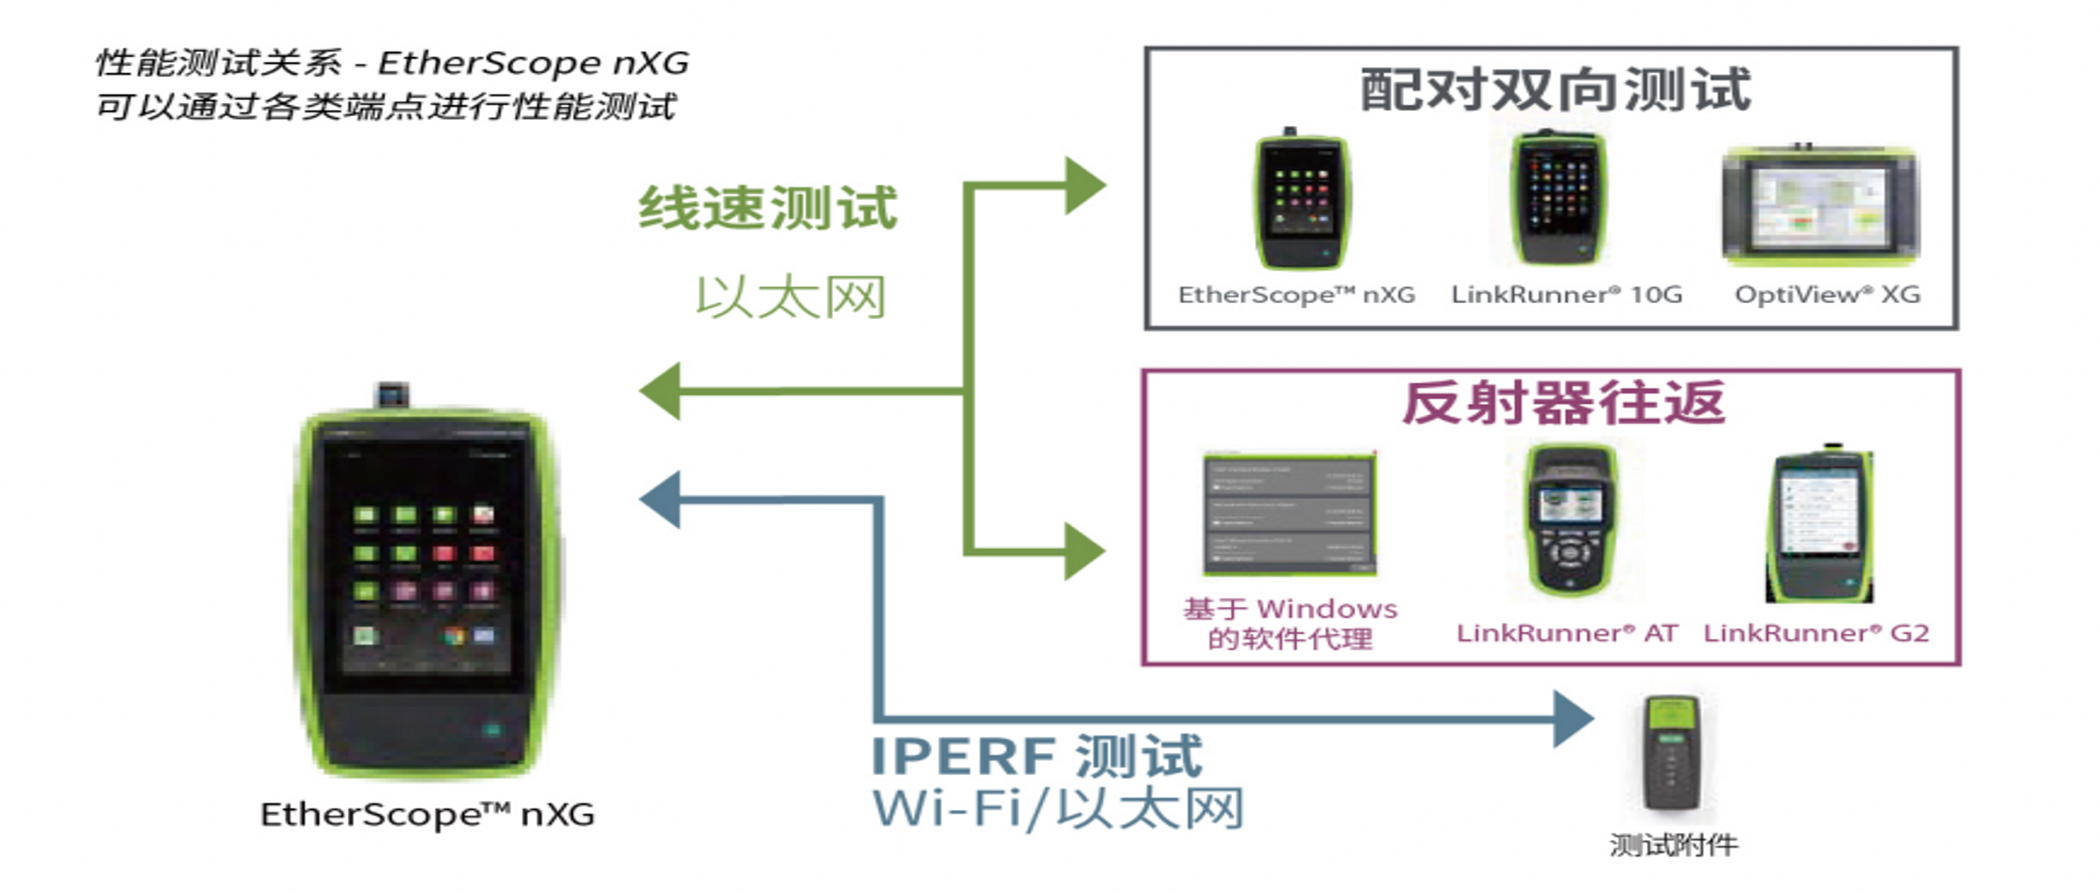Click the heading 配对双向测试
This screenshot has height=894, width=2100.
point(1555,89)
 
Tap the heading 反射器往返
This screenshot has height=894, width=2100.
point(1563,403)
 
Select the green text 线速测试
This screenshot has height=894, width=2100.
point(768,208)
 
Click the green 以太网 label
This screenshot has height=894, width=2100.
point(791,297)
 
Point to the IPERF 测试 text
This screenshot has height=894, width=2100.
point(1037,756)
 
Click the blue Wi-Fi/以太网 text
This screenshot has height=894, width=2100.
point(1058,809)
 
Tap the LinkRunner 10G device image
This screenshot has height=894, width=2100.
point(1558,198)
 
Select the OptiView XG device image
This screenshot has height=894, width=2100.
point(1820,206)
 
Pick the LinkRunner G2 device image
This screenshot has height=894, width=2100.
point(1820,524)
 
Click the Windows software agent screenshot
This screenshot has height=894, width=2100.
point(1289,514)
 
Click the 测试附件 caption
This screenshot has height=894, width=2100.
point(1674,845)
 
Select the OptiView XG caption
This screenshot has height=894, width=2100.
point(1827,295)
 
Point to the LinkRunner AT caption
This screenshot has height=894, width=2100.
point(1567,633)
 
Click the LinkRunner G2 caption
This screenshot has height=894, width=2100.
point(1816,633)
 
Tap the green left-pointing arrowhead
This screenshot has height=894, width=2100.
point(661,391)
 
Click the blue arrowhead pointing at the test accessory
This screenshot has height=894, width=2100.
point(1573,719)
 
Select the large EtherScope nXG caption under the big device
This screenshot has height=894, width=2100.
point(427,814)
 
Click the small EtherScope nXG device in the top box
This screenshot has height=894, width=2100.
point(1301,201)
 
